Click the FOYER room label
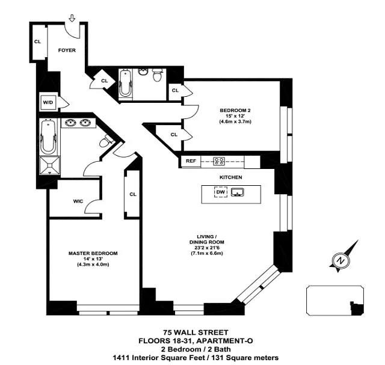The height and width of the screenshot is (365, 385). click(67, 50)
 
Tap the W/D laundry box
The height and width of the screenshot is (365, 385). click(48, 102)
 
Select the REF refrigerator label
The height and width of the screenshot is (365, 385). click(191, 161)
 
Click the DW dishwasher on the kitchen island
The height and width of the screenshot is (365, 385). click(221, 192)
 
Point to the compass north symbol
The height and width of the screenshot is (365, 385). click(339, 260)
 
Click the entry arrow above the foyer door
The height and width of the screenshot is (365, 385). click(72, 19)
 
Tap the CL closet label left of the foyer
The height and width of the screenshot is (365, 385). click(37, 41)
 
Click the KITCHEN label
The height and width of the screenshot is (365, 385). click(230, 177)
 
